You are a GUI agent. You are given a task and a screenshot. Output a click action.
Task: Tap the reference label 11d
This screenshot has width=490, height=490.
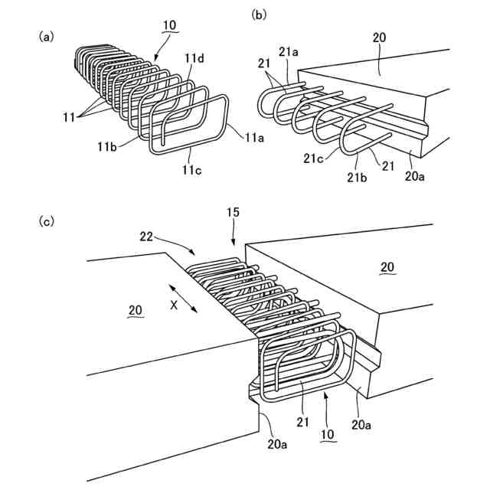tap(193, 57)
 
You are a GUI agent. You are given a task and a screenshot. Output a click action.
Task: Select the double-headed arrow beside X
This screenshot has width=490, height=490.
tap(184, 297)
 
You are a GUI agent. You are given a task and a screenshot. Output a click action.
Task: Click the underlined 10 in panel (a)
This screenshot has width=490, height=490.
tap(168, 24)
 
